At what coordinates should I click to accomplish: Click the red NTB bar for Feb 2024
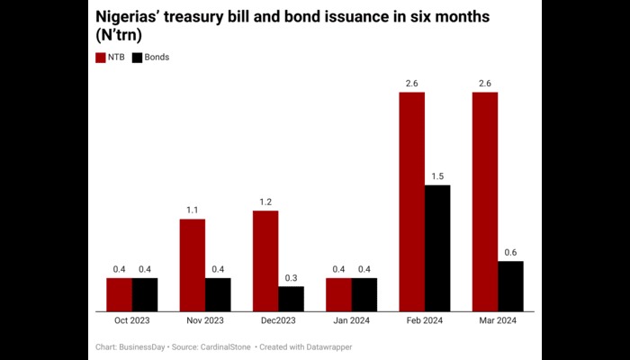point(411,202)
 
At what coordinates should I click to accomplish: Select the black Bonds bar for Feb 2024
point(437,248)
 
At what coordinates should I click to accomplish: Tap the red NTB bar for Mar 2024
point(484,202)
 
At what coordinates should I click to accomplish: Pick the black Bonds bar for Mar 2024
point(510,286)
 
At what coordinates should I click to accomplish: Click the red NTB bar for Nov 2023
point(192,265)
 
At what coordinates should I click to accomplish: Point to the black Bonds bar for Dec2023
point(291,299)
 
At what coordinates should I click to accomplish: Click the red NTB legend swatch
point(100,58)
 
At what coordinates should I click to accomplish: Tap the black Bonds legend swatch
point(137,58)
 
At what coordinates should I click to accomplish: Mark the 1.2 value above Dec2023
point(265,202)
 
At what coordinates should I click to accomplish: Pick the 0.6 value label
point(510,253)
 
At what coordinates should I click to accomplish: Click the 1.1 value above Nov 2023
point(192,211)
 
